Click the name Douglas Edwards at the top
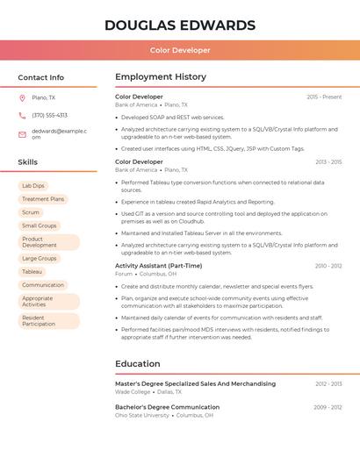[x=180, y=25]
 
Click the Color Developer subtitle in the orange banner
[x=180, y=51]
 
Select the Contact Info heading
[x=41, y=77]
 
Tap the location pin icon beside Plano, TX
[x=22, y=97]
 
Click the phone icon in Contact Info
[x=22, y=115]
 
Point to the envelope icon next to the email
[x=22, y=134]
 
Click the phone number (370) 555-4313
[x=49, y=115]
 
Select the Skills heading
[x=28, y=162]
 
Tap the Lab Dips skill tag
[x=33, y=186]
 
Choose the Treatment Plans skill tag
[x=43, y=199]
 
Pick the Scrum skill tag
[x=31, y=212]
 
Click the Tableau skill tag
[x=32, y=272]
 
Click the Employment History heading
[x=161, y=77]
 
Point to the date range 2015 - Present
[x=324, y=97]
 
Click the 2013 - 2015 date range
[x=328, y=162]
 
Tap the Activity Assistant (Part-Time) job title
[x=158, y=266]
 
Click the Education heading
[x=138, y=363]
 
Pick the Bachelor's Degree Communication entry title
[x=167, y=407]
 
